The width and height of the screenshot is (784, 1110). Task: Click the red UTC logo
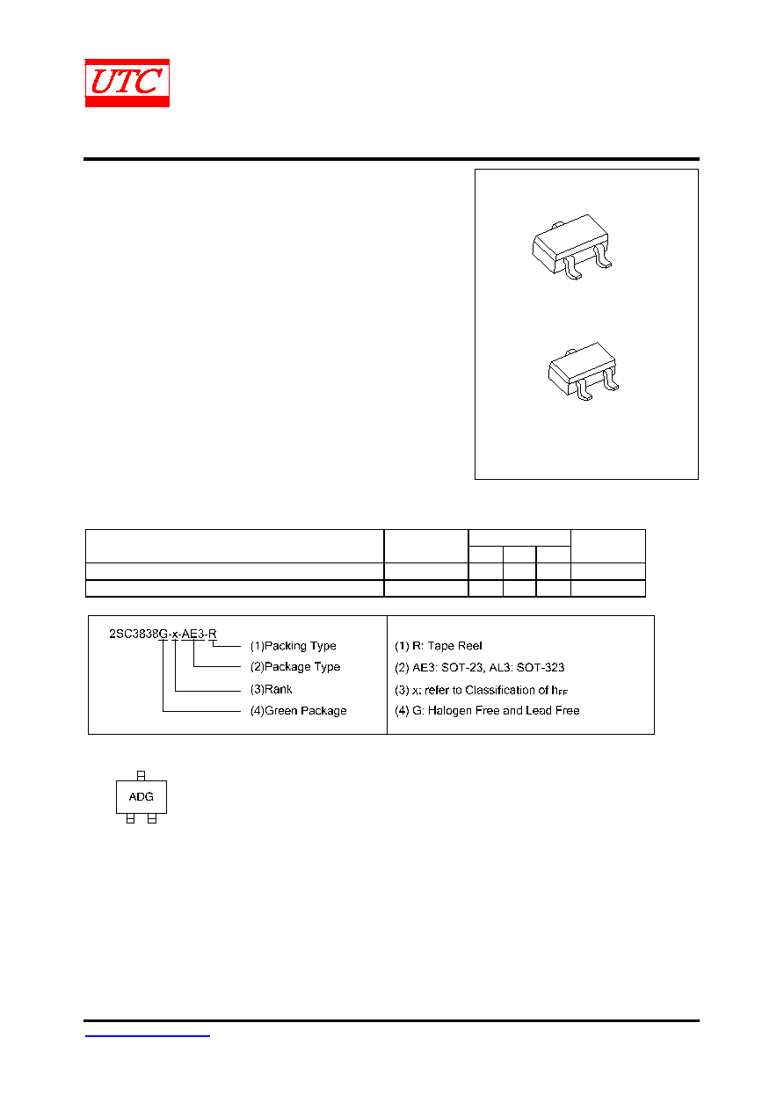pyautogui.click(x=127, y=83)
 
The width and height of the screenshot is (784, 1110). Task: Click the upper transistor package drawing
pyautogui.click(x=571, y=246)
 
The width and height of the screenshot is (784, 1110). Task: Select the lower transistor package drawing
pyautogui.click(x=584, y=371)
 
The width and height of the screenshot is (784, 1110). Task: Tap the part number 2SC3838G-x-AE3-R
pyautogui.click(x=163, y=634)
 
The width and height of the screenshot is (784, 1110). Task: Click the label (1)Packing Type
pyautogui.click(x=293, y=646)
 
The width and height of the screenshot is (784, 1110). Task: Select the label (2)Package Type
pyautogui.click(x=294, y=666)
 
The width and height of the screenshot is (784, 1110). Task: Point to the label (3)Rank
pyautogui.click(x=271, y=689)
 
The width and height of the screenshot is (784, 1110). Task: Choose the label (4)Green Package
pyautogui.click(x=298, y=710)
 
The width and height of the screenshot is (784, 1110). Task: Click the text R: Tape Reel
pyautogui.click(x=447, y=646)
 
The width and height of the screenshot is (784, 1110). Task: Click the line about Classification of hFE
pyautogui.click(x=481, y=690)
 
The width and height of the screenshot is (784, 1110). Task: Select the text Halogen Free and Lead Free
pyautogui.click(x=504, y=710)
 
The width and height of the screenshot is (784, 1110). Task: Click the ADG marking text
pyautogui.click(x=141, y=796)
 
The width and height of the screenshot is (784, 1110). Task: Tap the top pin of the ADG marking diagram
pyautogui.click(x=141, y=775)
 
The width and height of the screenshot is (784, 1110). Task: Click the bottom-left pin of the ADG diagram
pyautogui.click(x=130, y=818)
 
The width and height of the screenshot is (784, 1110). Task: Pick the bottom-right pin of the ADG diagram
pyautogui.click(x=152, y=818)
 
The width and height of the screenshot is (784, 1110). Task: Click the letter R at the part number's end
pyautogui.click(x=212, y=634)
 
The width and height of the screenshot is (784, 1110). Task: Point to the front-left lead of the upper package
pyautogui.click(x=573, y=268)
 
